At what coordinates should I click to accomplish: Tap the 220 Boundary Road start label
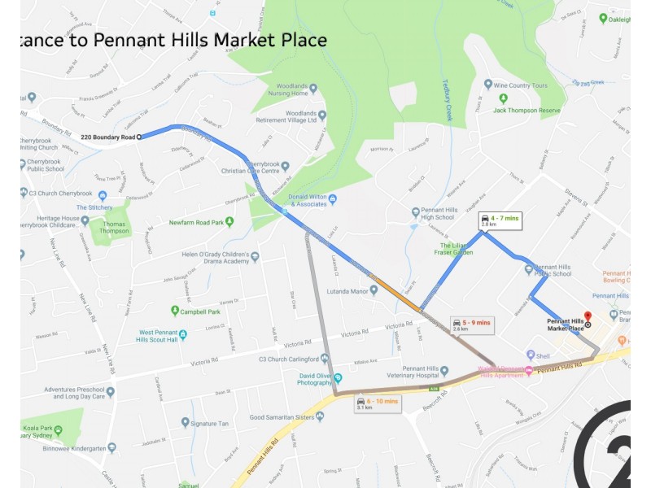tap(107, 137)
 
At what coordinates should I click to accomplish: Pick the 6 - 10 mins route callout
tap(378, 403)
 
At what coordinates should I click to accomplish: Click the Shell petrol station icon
tap(531, 355)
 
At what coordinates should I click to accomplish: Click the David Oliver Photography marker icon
tap(338, 377)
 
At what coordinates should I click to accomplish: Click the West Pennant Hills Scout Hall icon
tap(183, 334)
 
